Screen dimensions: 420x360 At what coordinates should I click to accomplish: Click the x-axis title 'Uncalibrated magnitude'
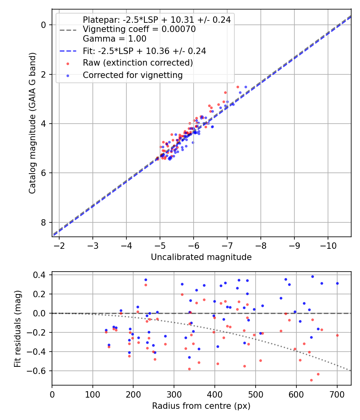click(x=201, y=257)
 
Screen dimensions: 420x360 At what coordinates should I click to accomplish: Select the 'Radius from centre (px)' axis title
click(x=201, y=406)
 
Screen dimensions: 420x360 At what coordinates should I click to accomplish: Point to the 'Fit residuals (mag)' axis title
click(x=17, y=328)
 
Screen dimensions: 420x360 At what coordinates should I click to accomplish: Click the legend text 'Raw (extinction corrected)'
click(x=138, y=63)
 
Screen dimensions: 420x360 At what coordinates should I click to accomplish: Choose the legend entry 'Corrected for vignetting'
click(x=132, y=75)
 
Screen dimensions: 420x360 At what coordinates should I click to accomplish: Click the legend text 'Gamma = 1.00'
click(x=114, y=39)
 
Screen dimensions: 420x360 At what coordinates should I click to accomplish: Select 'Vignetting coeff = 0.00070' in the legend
click(x=139, y=29)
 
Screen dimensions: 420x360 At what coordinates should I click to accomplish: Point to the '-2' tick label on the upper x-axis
click(x=59, y=245)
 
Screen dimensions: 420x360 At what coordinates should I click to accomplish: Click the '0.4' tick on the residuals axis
click(x=41, y=275)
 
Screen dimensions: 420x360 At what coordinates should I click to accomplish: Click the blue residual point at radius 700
click(x=337, y=283)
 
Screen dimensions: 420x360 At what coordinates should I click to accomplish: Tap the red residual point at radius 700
click(x=337, y=335)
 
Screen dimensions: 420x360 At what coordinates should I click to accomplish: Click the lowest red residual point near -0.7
click(x=311, y=380)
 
